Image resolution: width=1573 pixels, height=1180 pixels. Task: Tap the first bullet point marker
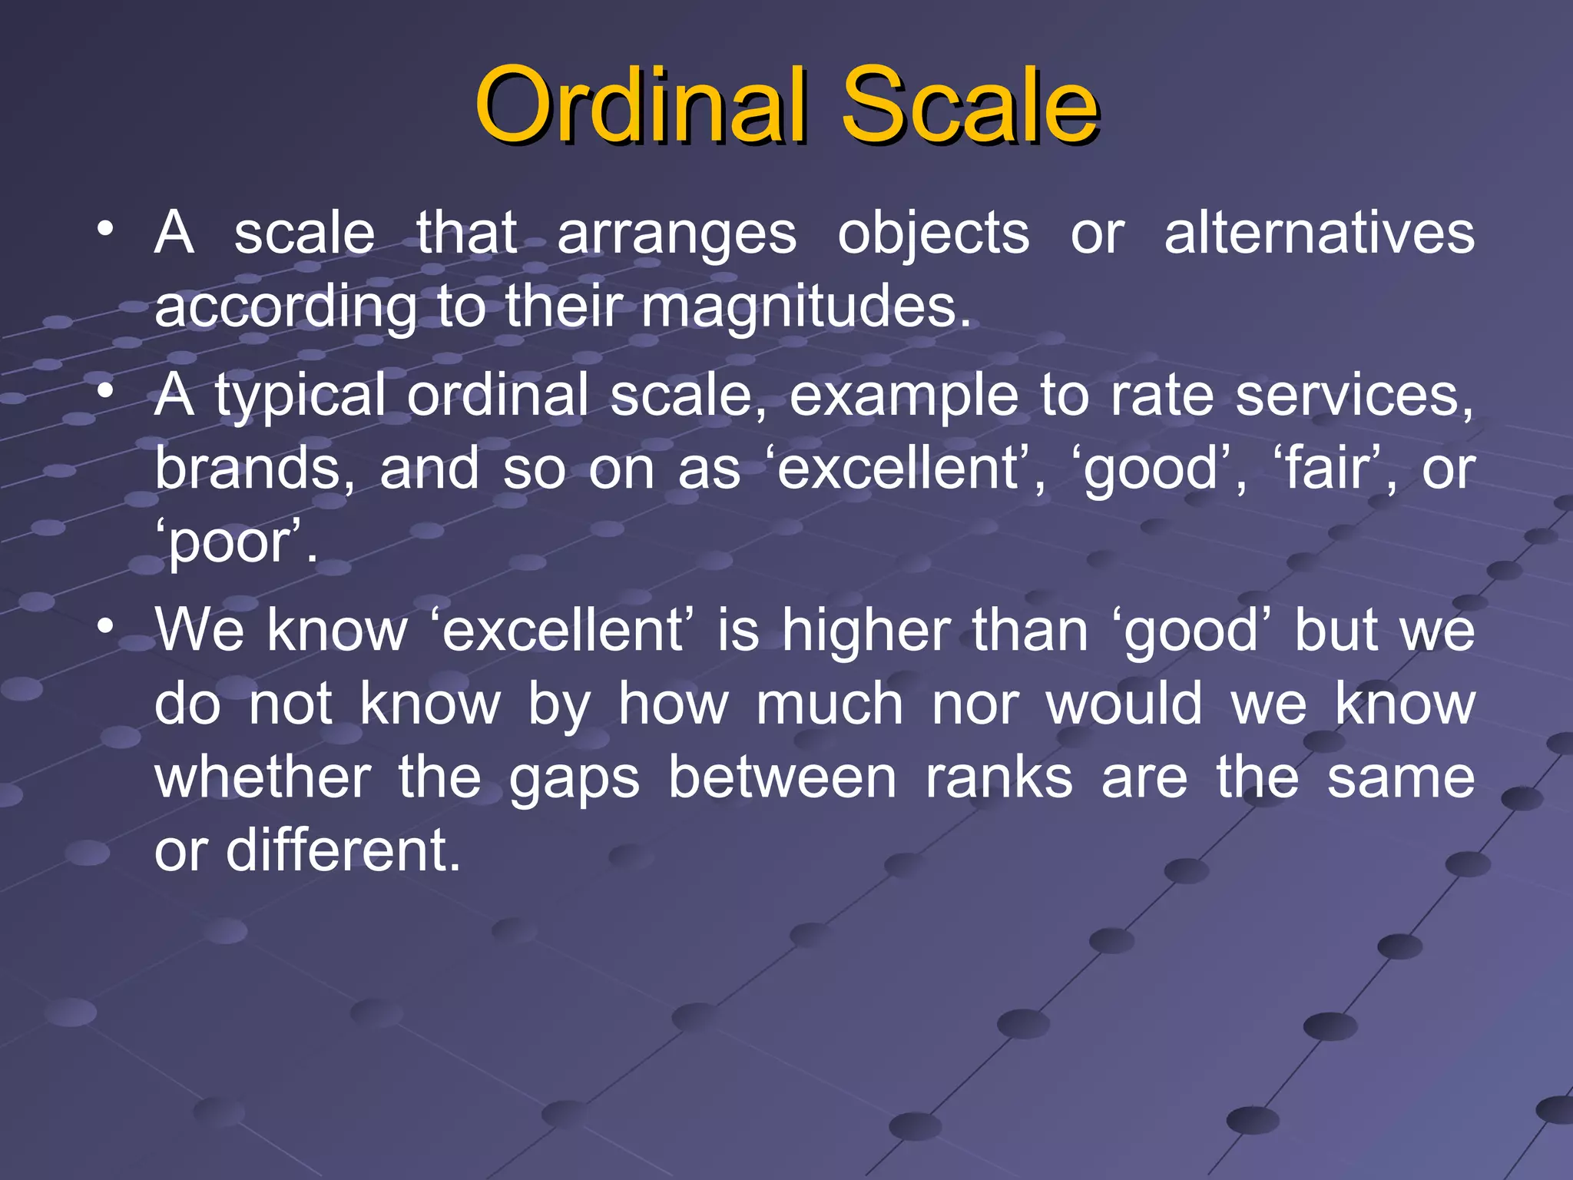(x=105, y=229)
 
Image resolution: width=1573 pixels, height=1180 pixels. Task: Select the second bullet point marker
(x=105, y=391)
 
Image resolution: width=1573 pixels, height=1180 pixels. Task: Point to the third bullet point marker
(x=105, y=626)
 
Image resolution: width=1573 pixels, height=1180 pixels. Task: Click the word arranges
(x=677, y=234)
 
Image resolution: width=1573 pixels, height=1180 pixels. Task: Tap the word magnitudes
(x=806, y=307)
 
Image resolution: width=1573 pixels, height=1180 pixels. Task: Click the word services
(x=1354, y=395)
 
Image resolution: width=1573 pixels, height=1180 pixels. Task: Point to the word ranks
(x=998, y=777)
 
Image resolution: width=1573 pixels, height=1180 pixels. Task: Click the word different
(x=343, y=850)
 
